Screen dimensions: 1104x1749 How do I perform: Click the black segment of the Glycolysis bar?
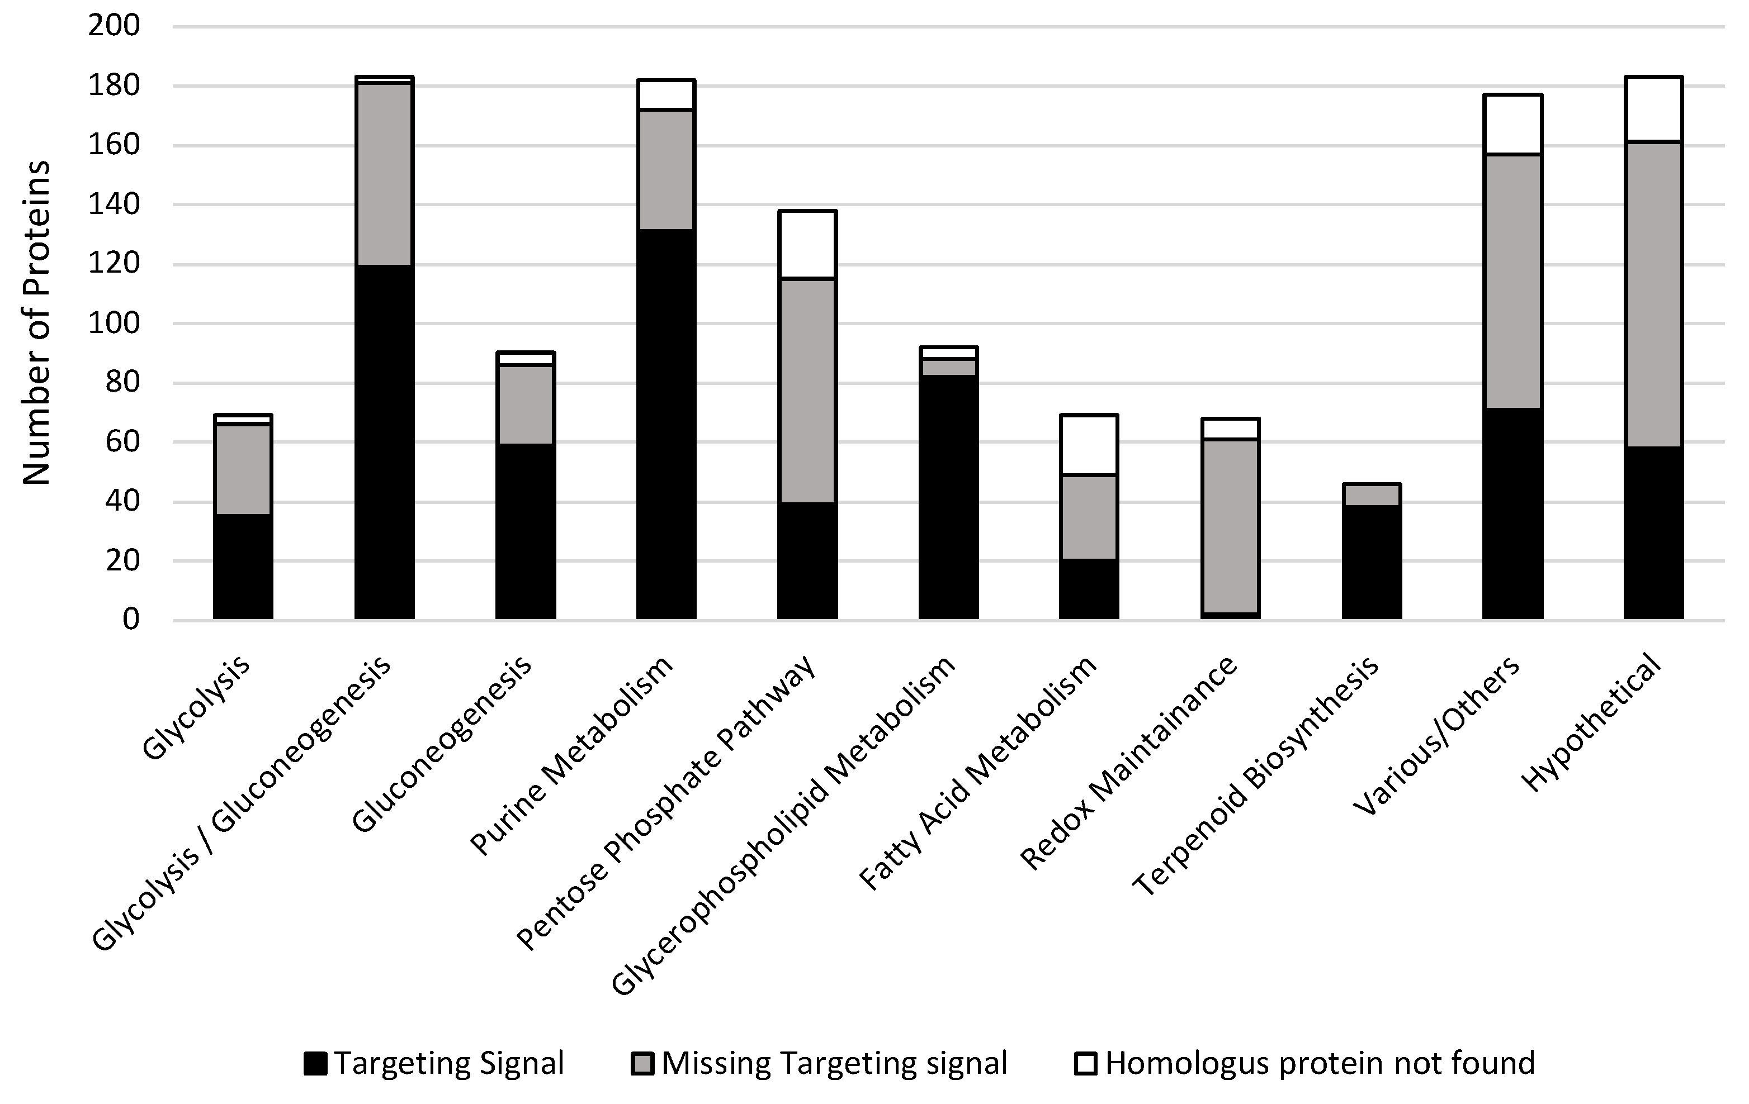(243, 566)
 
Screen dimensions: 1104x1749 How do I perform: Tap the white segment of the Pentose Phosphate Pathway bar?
(807, 245)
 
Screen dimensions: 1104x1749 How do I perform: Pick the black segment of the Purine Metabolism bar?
(666, 425)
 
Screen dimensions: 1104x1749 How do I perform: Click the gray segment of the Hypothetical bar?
(1653, 294)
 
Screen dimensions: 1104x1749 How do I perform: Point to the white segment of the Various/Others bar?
(1512, 124)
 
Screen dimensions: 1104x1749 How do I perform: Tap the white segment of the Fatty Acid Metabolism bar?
(1089, 445)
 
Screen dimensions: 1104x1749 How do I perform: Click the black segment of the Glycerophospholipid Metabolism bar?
(948, 497)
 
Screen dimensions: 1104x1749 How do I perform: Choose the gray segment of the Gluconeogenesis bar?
(525, 405)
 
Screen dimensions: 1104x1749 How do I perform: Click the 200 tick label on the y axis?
(114, 26)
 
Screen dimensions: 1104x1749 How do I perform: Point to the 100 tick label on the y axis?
(114, 323)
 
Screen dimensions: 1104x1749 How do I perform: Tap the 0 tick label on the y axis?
(131, 620)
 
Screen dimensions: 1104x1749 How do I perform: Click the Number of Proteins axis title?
(36, 323)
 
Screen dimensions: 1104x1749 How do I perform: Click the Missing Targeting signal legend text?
(834, 1063)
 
